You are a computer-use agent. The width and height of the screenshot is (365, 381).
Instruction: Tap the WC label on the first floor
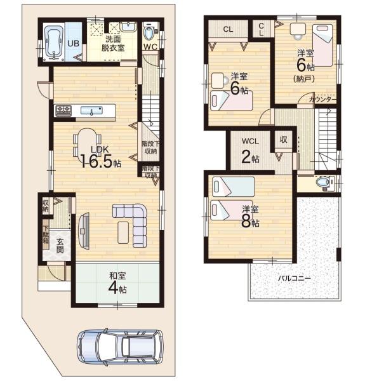(x=150, y=46)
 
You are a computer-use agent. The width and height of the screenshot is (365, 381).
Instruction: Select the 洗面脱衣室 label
(x=115, y=43)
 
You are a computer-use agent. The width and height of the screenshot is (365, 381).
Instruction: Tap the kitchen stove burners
(x=65, y=111)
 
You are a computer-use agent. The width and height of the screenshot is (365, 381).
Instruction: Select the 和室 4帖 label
(x=116, y=282)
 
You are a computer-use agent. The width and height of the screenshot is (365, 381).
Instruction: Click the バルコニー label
(x=293, y=277)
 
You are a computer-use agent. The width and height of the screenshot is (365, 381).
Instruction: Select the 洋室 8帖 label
(x=250, y=215)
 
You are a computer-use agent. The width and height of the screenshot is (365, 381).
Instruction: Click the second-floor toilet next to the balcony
(x=324, y=183)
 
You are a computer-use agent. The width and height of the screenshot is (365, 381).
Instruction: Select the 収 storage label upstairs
(x=283, y=140)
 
